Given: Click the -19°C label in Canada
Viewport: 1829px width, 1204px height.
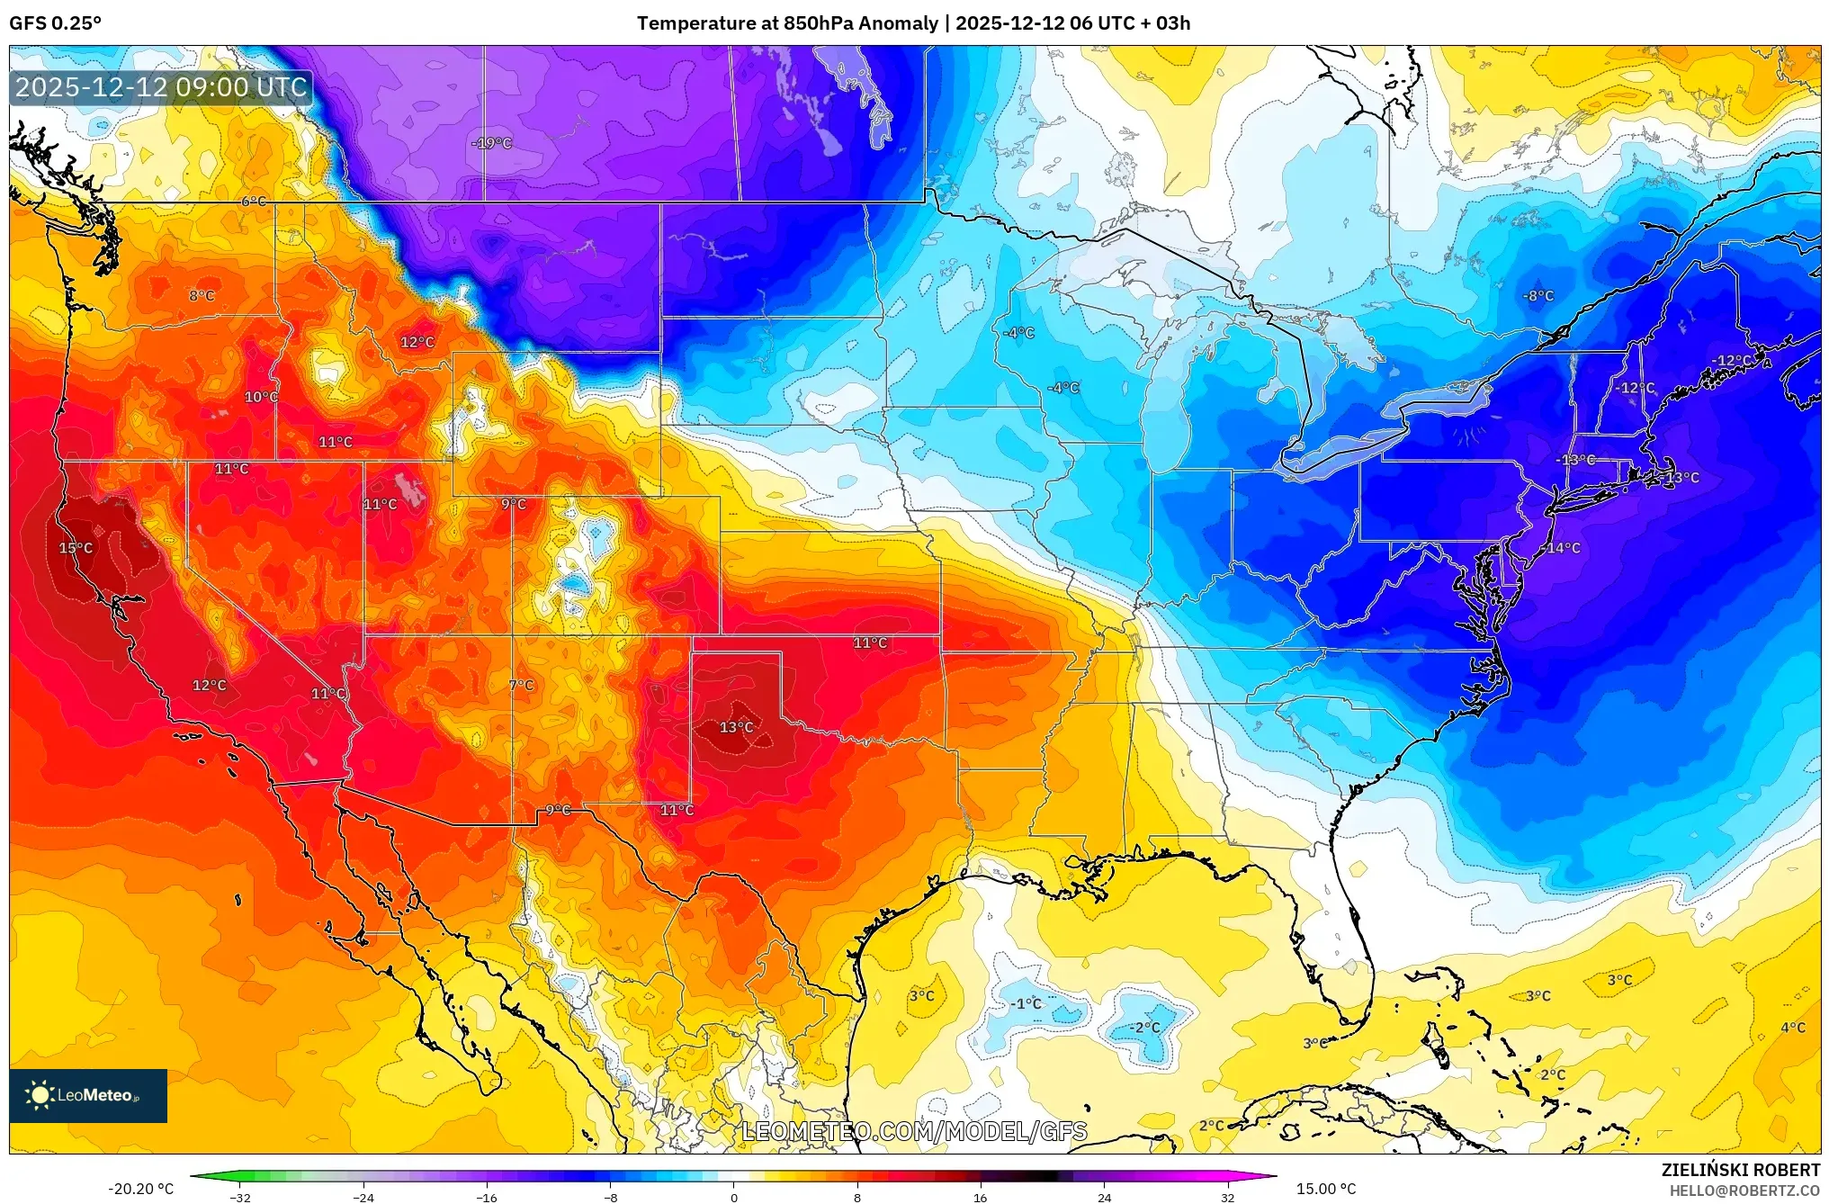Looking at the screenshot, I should (491, 143).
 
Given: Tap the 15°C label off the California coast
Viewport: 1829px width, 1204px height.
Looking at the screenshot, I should (76, 548).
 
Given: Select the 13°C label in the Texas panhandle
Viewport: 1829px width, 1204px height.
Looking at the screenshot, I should (736, 727).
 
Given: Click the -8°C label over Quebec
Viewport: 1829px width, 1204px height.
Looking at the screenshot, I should (1538, 296).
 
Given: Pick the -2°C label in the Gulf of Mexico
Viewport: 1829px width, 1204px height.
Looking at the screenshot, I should (1144, 1028).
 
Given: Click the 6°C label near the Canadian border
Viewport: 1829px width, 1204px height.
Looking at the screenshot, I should (254, 202).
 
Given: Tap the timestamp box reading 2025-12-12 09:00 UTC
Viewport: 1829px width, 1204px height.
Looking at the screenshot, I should (161, 87).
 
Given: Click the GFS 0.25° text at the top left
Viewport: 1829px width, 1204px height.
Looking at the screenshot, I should (55, 23).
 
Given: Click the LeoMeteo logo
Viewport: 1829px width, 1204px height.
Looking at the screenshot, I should (88, 1095).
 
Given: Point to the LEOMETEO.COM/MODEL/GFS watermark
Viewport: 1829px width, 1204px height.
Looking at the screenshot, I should (914, 1131).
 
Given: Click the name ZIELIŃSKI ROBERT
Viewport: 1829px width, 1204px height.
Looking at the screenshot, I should (1740, 1170).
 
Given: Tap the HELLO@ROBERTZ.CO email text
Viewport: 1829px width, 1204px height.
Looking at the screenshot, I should (1744, 1191).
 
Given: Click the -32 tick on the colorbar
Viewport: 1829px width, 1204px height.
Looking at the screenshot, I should (240, 1197).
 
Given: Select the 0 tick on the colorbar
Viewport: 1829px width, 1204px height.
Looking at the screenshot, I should (734, 1197).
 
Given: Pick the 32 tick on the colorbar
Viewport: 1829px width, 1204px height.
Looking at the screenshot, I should (1227, 1197).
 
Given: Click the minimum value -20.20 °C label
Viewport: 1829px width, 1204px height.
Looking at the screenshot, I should (141, 1189).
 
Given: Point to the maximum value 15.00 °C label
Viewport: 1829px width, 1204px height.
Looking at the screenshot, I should (1325, 1189).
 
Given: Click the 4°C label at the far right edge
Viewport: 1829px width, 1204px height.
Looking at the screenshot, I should (1792, 1028).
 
